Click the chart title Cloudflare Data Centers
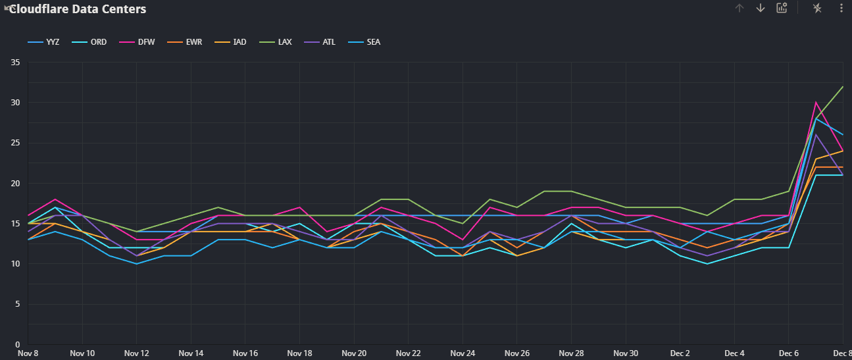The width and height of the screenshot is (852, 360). click(78, 9)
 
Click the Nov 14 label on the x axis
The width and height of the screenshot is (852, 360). click(191, 353)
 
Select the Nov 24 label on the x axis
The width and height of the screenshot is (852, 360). click(463, 353)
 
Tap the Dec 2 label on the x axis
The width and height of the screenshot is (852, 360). click(680, 353)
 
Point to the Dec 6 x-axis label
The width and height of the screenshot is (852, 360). click(789, 353)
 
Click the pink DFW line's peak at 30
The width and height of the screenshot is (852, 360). click(816, 102)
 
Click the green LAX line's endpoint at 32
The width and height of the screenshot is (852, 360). click(843, 87)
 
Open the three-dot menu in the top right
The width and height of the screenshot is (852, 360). click(841, 8)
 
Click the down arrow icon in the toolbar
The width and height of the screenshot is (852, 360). click(761, 8)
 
